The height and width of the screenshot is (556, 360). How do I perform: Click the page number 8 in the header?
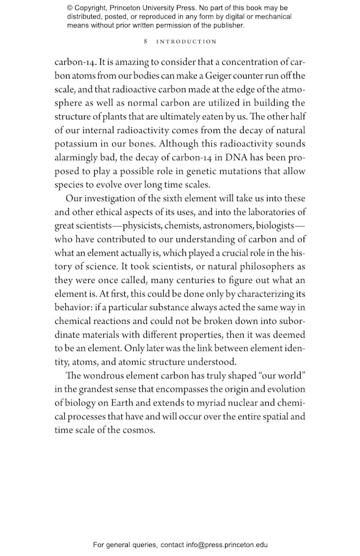[x=146, y=41]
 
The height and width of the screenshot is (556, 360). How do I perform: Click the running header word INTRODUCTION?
[x=186, y=41]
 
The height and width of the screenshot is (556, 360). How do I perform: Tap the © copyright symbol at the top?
[x=70, y=8]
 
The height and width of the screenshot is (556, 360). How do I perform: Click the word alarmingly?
[x=79, y=158]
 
